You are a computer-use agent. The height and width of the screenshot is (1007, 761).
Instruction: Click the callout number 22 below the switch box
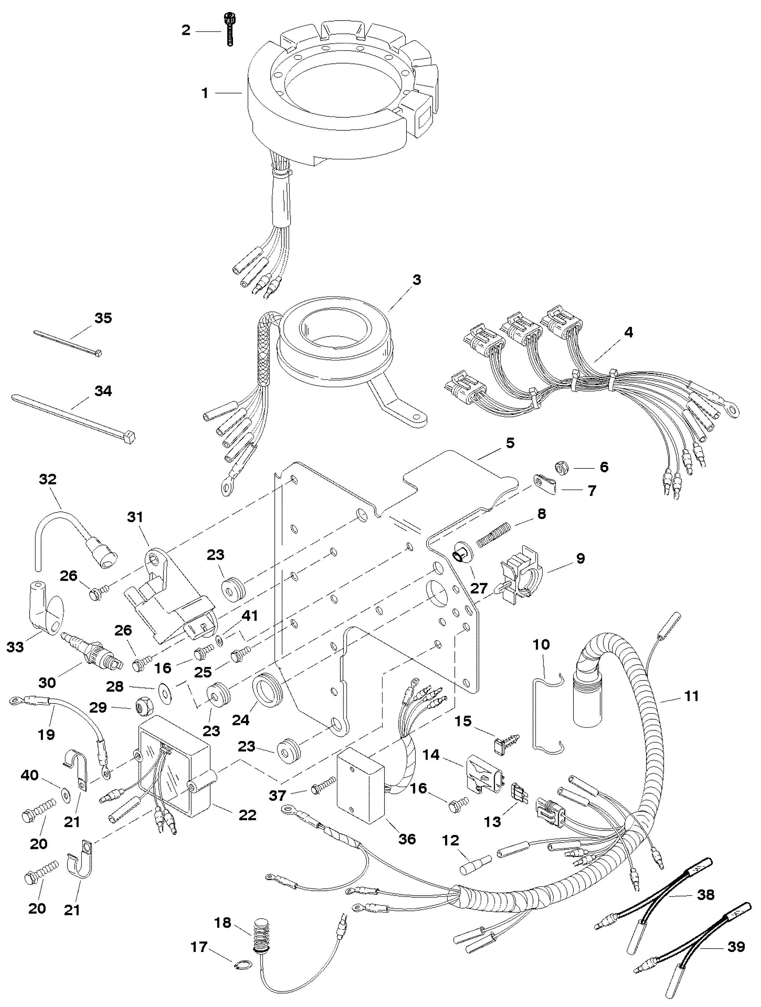[x=247, y=814]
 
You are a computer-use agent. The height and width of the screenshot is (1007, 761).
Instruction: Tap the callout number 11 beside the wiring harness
[x=691, y=696]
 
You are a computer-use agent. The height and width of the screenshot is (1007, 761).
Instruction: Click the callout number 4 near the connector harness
[x=628, y=332]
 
